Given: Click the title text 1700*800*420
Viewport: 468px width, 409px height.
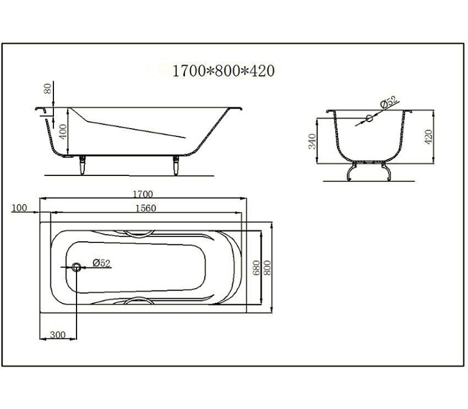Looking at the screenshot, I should pos(223,71).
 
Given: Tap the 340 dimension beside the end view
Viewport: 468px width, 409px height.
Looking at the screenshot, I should pos(313,141).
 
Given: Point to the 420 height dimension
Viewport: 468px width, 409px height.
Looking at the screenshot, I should pos(429,136).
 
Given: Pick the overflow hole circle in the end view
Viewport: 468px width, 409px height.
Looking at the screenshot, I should pos(368,119).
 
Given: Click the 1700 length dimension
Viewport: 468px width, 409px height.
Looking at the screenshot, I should pos(143,194).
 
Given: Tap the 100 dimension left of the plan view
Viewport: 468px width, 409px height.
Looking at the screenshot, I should pos(20,207).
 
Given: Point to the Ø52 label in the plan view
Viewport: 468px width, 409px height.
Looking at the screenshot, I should pos(102,263).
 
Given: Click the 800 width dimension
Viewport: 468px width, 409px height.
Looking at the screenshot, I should pos(267,267).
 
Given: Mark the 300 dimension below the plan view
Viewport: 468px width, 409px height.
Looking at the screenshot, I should pos(57,335).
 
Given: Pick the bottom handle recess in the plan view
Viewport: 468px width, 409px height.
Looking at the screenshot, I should pos(140,301).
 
